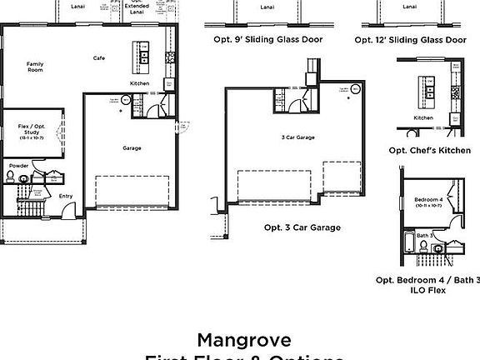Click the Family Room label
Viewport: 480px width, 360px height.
(x=35, y=67)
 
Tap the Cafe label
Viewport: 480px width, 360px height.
(x=98, y=57)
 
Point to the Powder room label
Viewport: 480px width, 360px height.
(x=18, y=166)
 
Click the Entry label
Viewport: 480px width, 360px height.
(x=65, y=197)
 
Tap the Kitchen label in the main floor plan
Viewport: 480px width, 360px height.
(x=139, y=83)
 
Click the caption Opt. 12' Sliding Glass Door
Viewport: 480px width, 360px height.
(x=410, y=39)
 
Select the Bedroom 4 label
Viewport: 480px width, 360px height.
(x=429, y=201)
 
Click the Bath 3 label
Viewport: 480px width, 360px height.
(x=424, y=236)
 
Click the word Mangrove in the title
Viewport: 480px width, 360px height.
(x=244, y=339)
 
